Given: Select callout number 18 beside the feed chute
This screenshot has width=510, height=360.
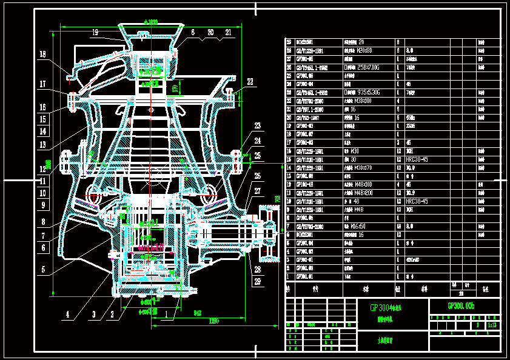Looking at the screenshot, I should point(42,55).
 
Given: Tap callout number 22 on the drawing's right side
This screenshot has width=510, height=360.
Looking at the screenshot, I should point(250,81).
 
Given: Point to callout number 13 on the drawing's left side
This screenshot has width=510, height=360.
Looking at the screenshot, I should point(42,144).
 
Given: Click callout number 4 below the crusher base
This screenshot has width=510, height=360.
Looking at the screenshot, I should point(68,315).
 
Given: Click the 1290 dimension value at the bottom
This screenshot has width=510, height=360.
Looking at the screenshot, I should point(213,321).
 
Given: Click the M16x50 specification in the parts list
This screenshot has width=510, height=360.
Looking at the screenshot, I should point(354,226).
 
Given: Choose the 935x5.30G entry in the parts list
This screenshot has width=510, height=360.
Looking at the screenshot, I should point(361,93).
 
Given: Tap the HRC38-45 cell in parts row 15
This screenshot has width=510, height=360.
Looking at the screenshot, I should point(417,159).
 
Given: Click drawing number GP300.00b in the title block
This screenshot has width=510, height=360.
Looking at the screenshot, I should point(465,307).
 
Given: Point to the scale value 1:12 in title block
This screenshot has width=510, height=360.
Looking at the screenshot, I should point(491,325).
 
